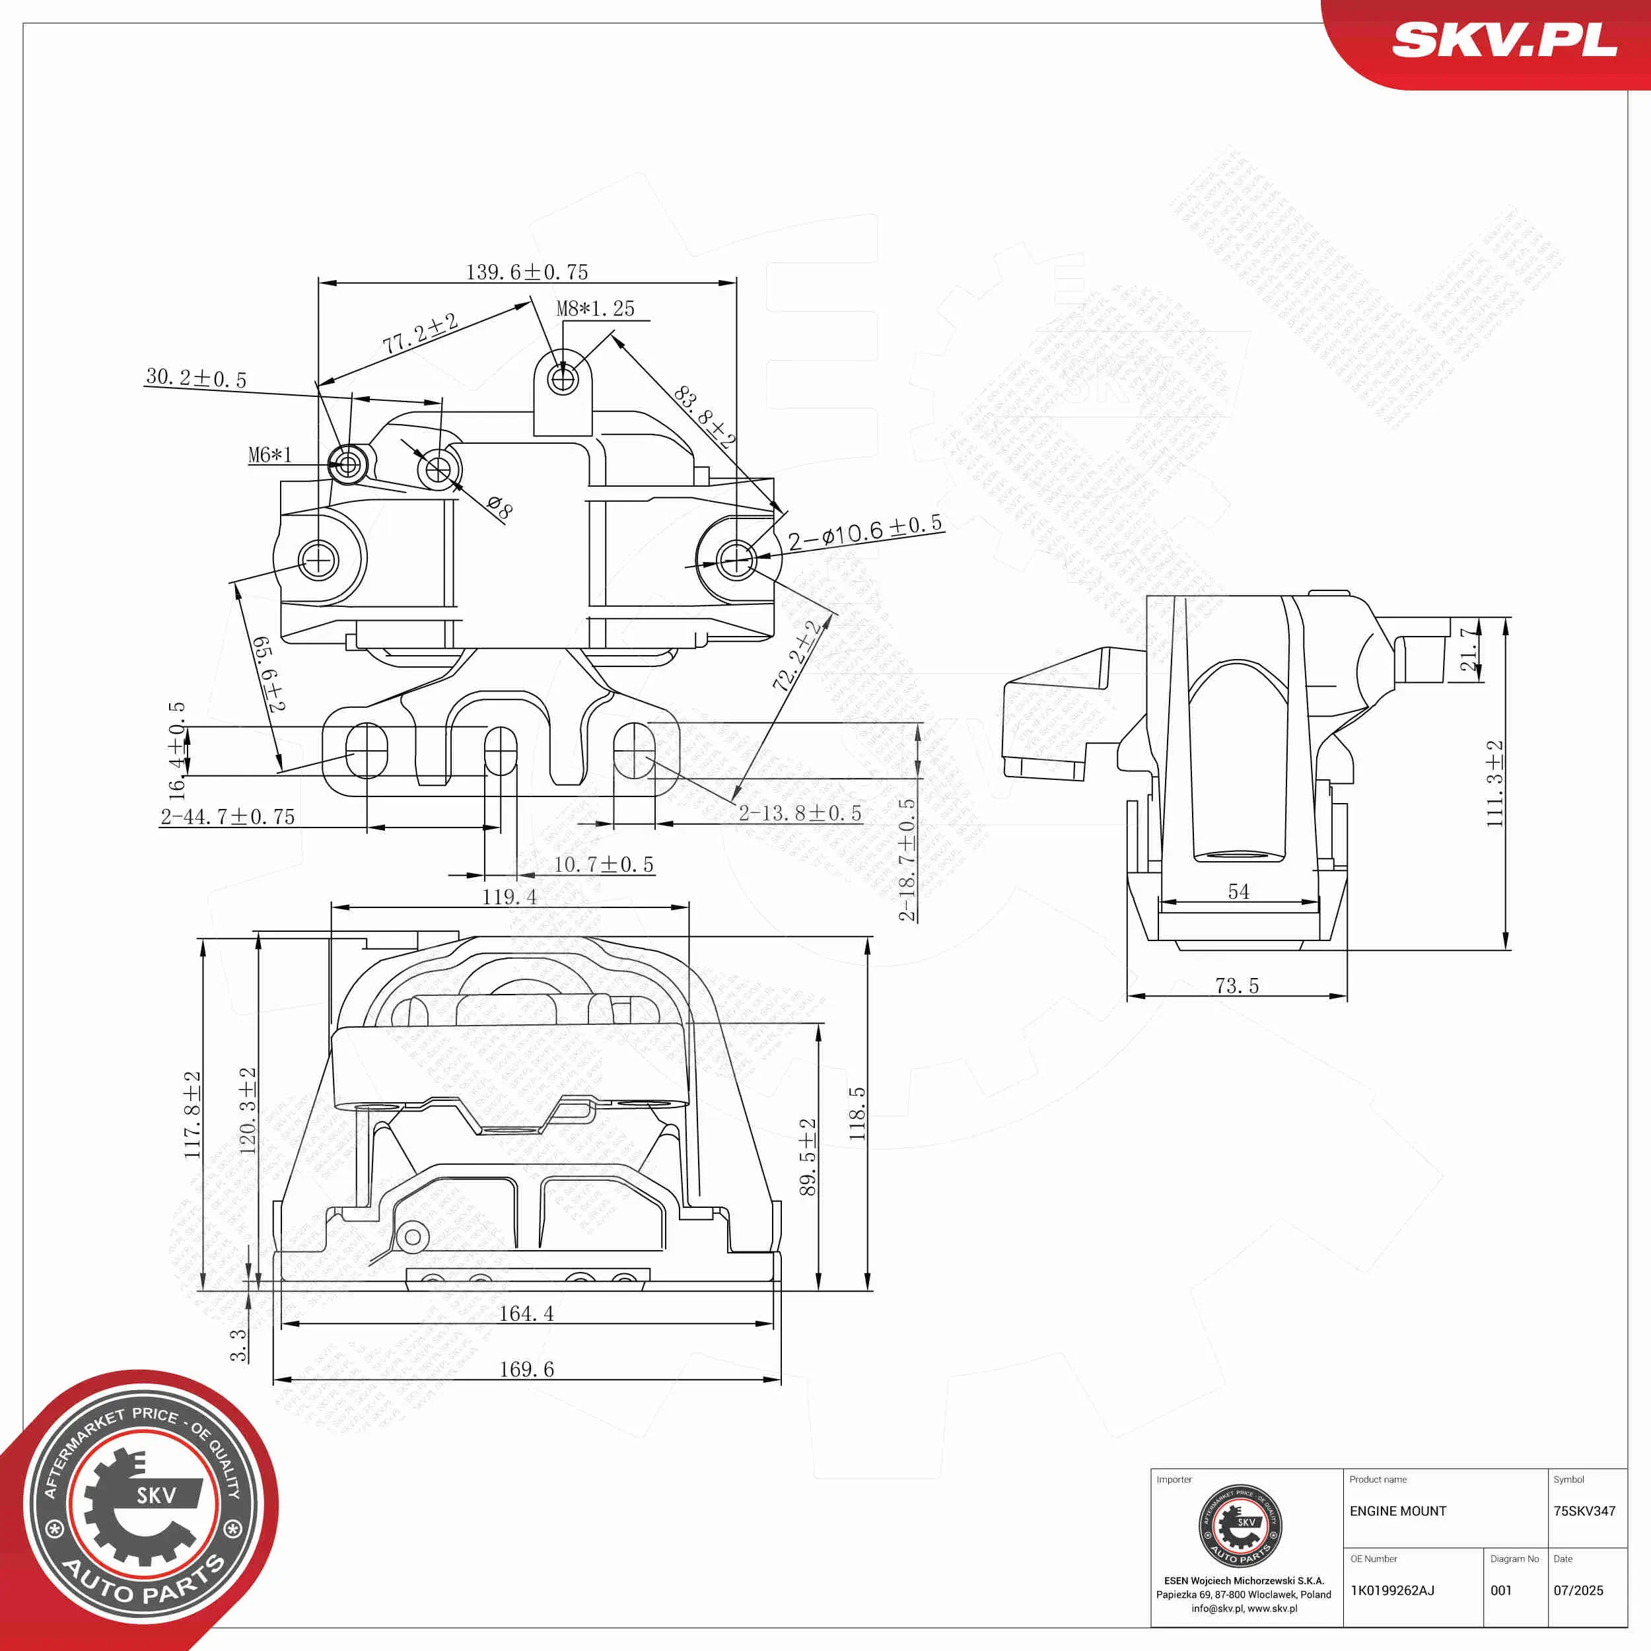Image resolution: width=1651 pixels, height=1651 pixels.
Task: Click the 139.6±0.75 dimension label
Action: click(x=526, y=271)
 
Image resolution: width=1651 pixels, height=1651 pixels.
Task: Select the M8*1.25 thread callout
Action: click(x=596, y=308)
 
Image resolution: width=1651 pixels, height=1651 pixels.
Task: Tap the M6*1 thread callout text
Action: click(x=270, y=454)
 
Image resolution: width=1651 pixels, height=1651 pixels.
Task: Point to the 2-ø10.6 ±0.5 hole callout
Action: click(x=865, y=532)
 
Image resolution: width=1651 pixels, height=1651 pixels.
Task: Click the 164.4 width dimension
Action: click(x=526, y=1314)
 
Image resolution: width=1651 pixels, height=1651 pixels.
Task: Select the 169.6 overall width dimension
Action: click(x=526, y=1369)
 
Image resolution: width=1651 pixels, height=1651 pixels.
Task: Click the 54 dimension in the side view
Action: click(x=1238, y=892)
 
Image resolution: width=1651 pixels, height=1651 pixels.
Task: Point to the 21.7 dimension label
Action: click(x=1468, y=649)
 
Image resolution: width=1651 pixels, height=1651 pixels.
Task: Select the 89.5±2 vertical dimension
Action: click(x=808, y=1156)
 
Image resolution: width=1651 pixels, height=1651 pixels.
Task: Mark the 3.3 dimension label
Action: click(x=238, y=1344)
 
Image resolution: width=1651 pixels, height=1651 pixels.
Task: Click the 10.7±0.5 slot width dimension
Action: click(x=604, y=864)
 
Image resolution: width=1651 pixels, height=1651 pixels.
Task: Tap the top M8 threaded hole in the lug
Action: click(x=563, y=378)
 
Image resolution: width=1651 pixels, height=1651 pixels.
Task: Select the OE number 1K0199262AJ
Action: click(x=1392, y=1590)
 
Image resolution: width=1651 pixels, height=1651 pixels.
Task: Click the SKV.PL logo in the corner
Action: click(x=1504, y=40)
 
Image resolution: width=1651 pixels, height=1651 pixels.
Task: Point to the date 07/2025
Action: click(x=1578, y=1590)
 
